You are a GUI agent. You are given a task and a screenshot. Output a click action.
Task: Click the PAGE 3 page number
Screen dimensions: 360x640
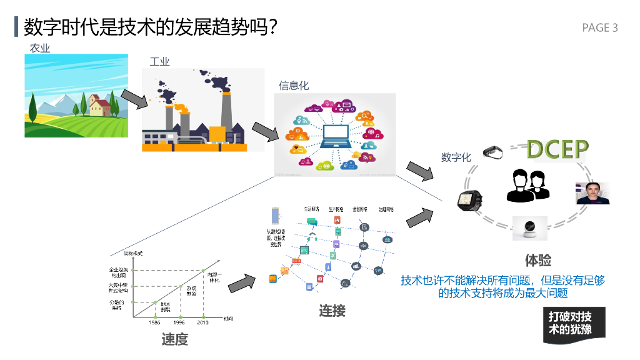[x=599, y=27]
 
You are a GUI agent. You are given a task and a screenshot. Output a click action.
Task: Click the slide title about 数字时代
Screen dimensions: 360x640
[x=150, y=27]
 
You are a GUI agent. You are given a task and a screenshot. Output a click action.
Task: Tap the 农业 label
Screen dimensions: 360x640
[x=40, y=48]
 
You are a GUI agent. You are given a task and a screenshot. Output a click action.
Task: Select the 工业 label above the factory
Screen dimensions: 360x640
[x=159, y=61]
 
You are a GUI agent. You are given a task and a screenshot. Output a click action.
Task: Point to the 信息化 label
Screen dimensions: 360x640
[x=294, y=86]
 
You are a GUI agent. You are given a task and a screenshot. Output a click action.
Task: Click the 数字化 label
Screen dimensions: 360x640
[x=456, y=157]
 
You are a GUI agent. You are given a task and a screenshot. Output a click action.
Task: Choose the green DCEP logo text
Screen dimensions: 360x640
[x=557, y=149]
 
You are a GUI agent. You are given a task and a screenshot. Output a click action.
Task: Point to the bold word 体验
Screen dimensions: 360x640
[x=538, y=261]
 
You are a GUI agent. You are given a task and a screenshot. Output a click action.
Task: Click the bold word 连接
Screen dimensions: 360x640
[x=332, y=311]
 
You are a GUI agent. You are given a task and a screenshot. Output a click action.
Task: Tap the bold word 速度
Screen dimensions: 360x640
[x=174, y=339]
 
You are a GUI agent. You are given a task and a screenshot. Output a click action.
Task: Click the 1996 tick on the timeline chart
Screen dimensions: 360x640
[x=179, y=322]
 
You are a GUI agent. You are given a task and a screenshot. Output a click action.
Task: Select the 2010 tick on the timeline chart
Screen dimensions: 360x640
[x=202, y=322]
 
